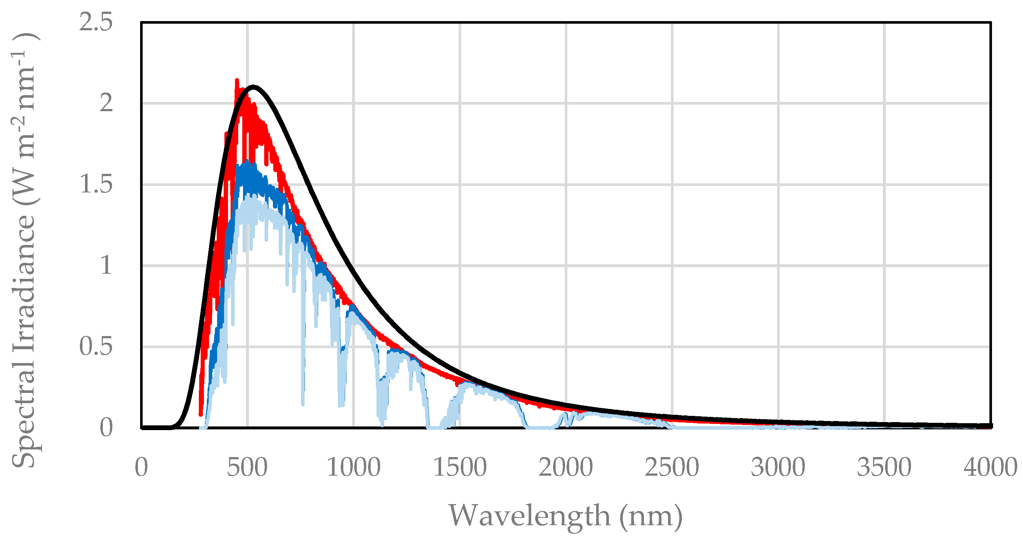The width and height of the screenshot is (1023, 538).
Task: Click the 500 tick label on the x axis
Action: tap(247, 467)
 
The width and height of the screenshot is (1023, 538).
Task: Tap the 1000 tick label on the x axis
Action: tap(354, 467)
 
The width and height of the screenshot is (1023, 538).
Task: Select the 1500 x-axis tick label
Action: tap(460, 467)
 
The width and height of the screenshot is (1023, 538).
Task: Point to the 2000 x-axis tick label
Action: tap(566, 467)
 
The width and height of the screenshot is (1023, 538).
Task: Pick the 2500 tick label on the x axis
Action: tap(672, 467)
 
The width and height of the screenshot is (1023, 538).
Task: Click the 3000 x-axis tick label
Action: tap(778, 467)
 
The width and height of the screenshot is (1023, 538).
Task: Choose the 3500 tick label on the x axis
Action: tap(884, 467)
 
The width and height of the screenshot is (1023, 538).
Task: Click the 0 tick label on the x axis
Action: tap(142, 467)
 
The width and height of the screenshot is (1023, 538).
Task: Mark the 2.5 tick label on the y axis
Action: tap(96, 22)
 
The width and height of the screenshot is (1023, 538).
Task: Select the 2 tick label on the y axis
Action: tap(106, 103)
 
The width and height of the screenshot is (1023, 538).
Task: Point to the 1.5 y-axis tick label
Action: tap(96, 184)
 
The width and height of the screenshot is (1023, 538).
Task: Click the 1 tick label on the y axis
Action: tap(106, 265)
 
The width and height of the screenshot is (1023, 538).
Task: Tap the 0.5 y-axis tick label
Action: tap(96, 346)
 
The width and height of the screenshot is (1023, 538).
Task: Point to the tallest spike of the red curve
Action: tap(237, 81)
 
